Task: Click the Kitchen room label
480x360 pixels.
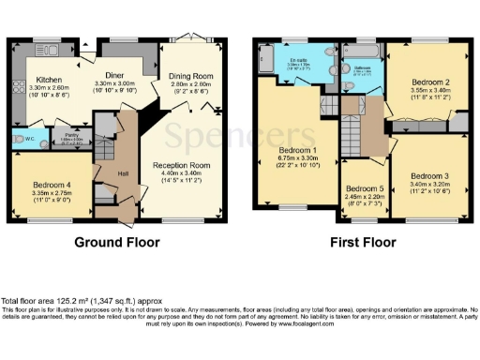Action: coord(49,81)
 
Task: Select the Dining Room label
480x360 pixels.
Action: coord(191,76)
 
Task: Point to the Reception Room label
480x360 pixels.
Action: coord(182,166)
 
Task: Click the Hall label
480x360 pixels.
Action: coord(123,172)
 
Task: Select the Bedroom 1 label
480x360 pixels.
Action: coord(299,150)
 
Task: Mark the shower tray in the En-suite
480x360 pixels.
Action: coord(267,61)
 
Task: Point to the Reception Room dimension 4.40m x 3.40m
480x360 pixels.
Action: coord(182,174)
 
